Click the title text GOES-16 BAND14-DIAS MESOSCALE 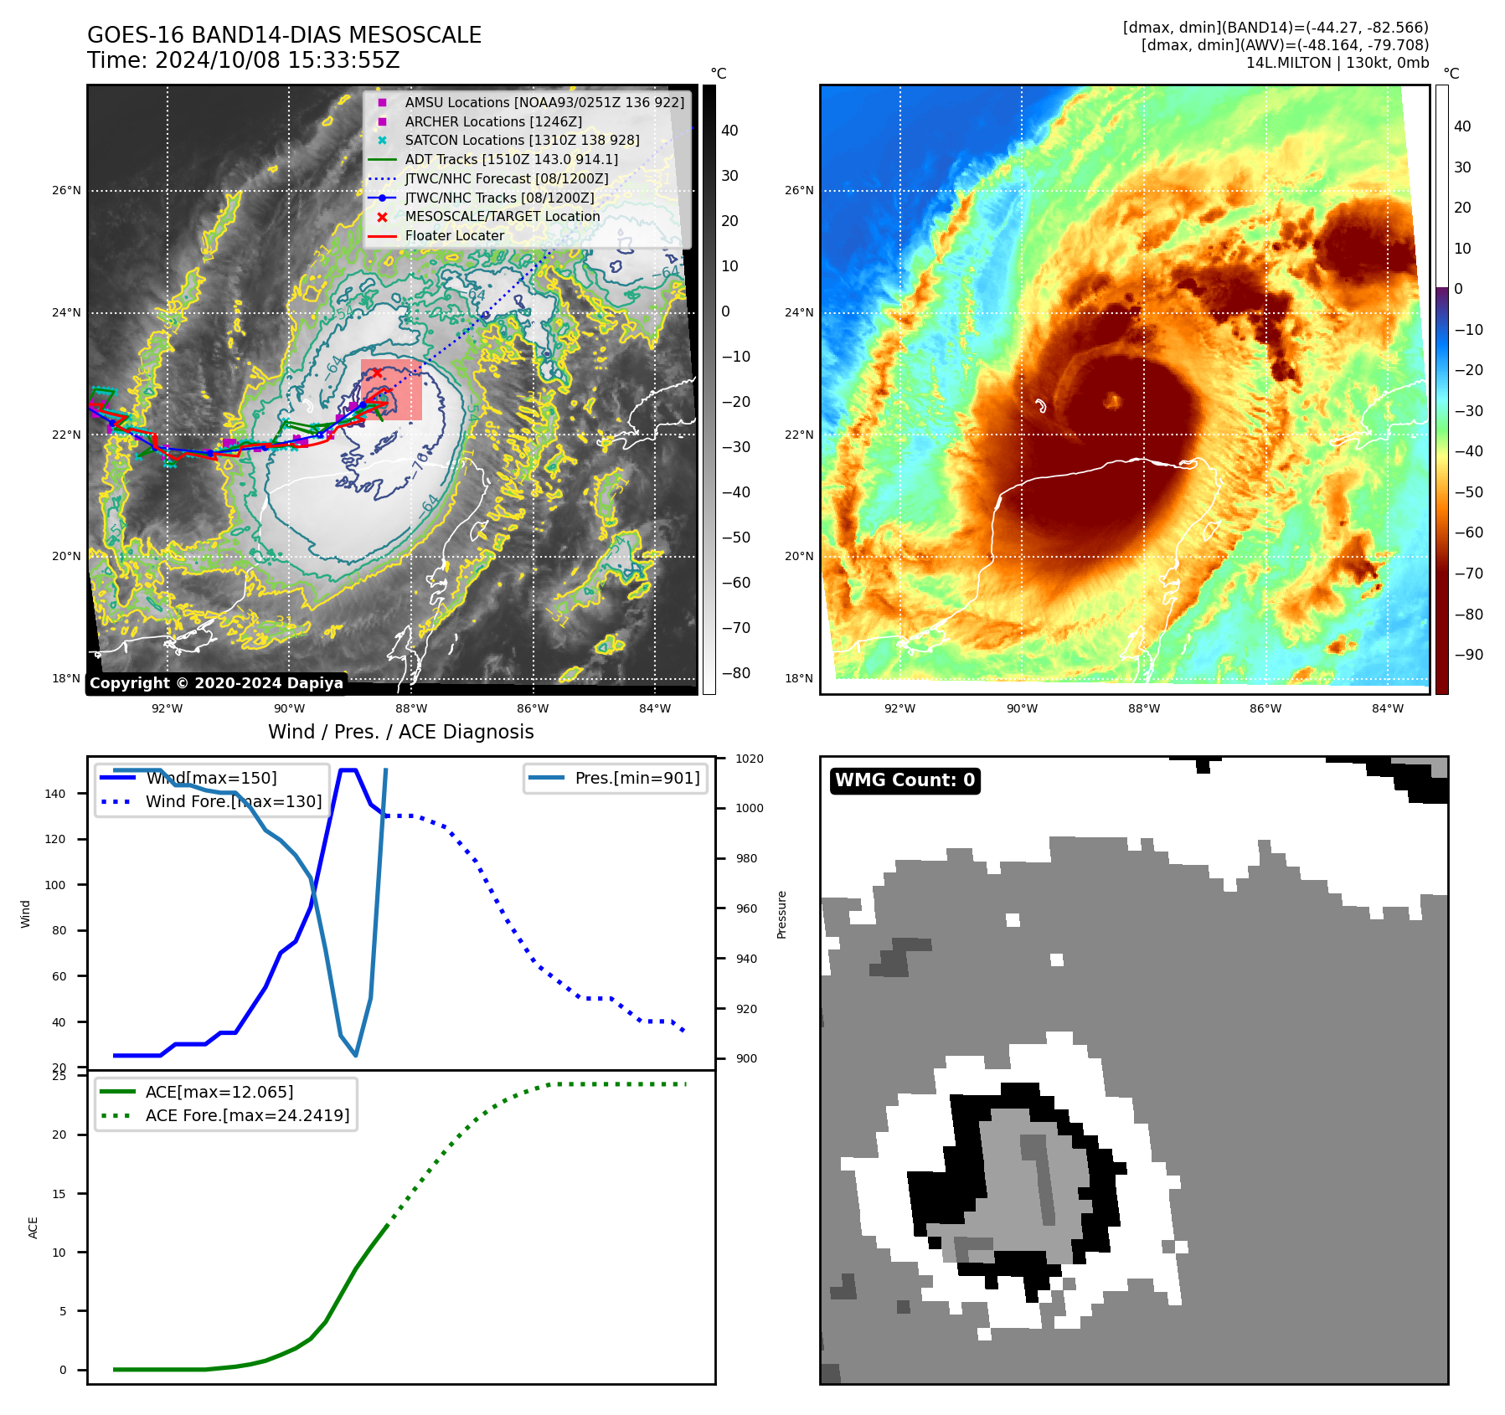click(284, 35)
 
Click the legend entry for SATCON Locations click(521, 141)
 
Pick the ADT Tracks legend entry click(511, 159)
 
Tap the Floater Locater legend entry click(454, 236)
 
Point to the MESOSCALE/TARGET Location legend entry click(502, 217)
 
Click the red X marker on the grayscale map click(377, 373)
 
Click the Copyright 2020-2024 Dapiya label click(216, 683)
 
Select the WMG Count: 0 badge click(905, 780)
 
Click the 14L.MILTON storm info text click(1337, 63)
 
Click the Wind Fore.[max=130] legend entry click(233, 801)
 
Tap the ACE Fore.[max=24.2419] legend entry click(247, 1115)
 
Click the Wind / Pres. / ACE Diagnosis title click(400, 732)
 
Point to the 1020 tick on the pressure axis click(750, 759)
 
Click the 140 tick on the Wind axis click(55, 794)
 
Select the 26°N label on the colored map click(799, 190)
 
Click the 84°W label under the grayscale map click(655, 708)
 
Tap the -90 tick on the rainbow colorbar click(1468, 655)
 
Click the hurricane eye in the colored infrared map click(1112, 401)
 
